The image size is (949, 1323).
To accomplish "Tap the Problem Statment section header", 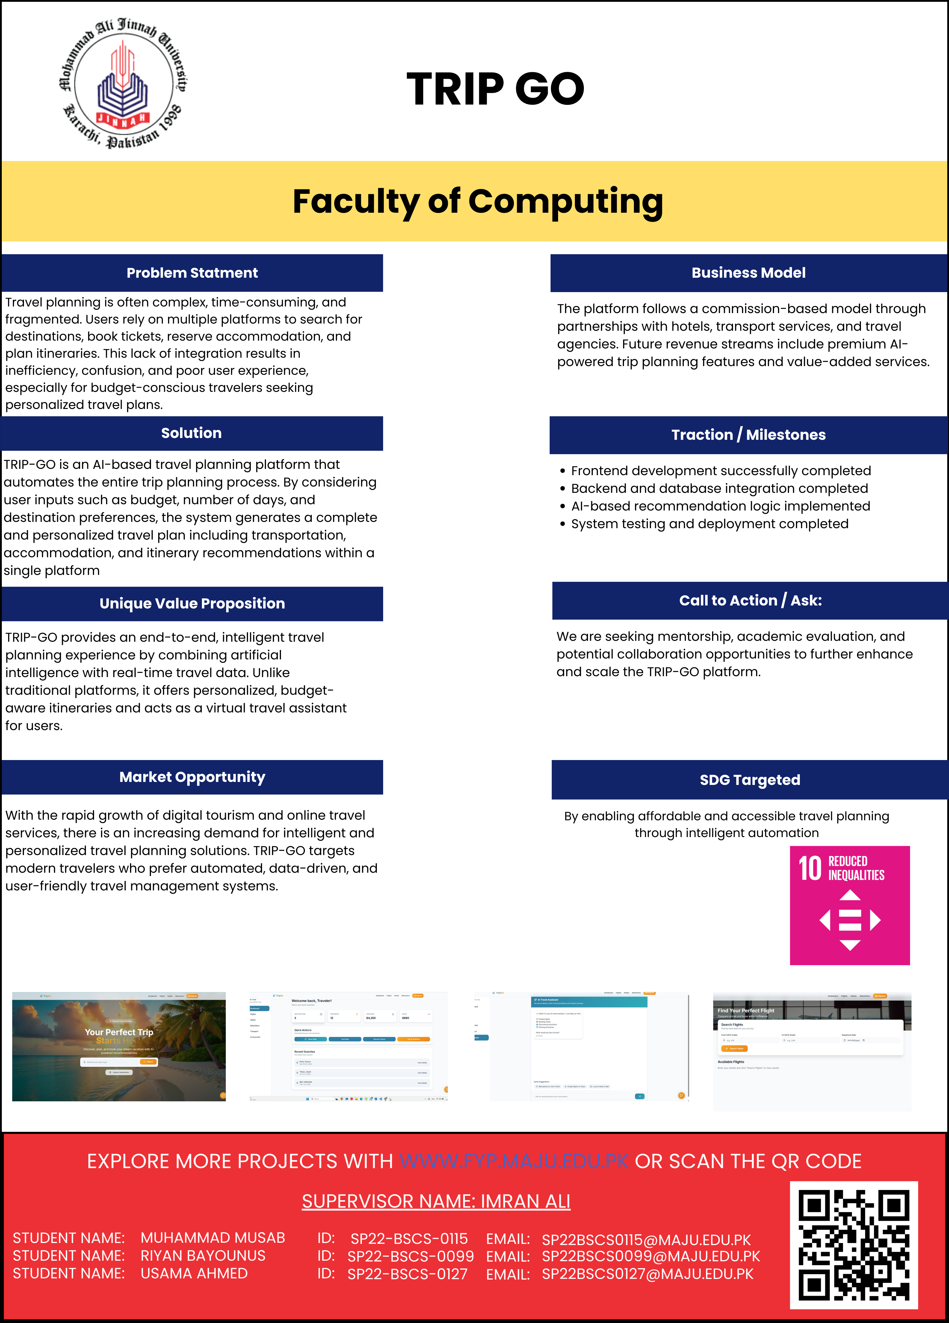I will [x=192, y=273].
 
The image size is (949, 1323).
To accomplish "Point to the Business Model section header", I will [x=748, y=273].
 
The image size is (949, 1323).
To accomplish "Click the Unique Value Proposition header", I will [x=192, y=604].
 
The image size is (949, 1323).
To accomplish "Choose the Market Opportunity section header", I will [x=192, y=777].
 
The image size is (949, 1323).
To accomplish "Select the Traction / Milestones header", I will [x=748, y=435].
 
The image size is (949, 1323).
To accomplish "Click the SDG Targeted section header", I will [x=749, y=780].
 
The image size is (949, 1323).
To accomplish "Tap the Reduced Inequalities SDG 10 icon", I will [x=849, y=905].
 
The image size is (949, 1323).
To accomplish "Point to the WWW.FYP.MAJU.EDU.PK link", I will [x=514, y=1162].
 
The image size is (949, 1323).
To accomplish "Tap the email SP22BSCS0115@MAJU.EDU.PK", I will [x=646, y=1240].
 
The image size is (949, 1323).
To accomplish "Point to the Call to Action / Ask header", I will [x=750, y=601].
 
